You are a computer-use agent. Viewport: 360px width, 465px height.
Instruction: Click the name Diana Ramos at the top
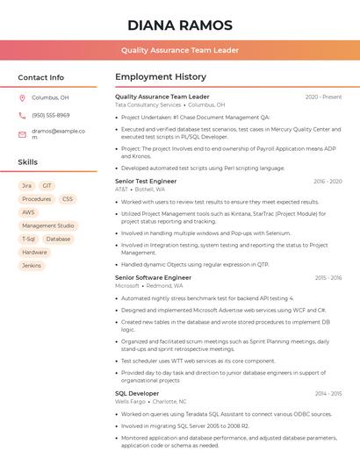coord(180,25)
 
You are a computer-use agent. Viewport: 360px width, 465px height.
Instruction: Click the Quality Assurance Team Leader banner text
coord(180,51)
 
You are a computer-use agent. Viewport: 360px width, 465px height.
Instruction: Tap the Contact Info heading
coord(40,77)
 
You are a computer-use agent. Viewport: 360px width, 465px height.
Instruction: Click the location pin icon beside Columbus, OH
coord(22,98)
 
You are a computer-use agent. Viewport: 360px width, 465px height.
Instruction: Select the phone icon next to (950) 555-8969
coord(22,116)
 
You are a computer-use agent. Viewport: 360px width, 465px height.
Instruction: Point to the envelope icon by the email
coord(22,134)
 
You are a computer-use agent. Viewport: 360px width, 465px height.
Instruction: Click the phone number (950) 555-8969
coord(51,116)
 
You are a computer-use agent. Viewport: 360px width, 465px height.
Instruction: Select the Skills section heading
coord(28,162)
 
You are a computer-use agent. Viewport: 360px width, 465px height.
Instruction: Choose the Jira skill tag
coord(26,186)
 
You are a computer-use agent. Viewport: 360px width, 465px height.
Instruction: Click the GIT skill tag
coord(47,186)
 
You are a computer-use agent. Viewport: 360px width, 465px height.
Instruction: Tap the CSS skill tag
coord(68,199)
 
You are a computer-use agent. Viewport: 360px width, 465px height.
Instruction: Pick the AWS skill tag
coord(29,212)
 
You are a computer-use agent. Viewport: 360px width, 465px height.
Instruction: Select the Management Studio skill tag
coord(48,225)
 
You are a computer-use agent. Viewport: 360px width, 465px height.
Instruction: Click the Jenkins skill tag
coord(32,265)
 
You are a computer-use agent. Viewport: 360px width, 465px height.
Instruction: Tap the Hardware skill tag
coord(35,252)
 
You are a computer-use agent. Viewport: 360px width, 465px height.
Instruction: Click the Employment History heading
coord(161,77)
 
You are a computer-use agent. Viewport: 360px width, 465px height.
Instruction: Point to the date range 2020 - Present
coord(323,97)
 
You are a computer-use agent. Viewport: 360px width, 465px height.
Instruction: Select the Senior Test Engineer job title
coord(146,182)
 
